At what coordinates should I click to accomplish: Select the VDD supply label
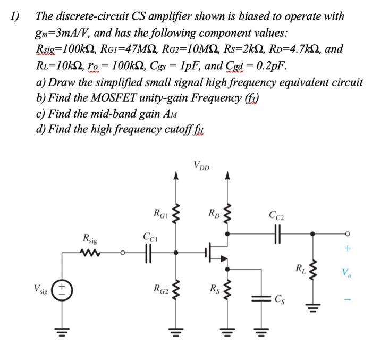(x=202, y=166)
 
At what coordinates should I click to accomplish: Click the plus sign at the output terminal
(x=348, y=248)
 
